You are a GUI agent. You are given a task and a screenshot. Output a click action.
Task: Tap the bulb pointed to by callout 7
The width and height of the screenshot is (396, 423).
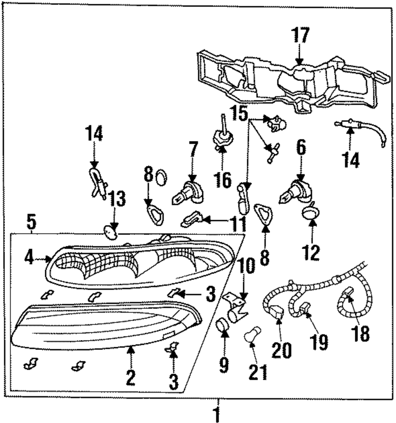188,193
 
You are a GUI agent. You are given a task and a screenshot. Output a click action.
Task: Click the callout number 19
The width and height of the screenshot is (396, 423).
319,342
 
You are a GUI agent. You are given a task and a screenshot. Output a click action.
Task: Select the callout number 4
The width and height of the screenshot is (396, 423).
29,258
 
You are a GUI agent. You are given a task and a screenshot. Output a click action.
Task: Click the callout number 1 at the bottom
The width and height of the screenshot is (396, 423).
217,415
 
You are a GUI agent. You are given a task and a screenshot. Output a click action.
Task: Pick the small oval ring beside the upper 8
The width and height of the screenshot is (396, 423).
161,178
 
